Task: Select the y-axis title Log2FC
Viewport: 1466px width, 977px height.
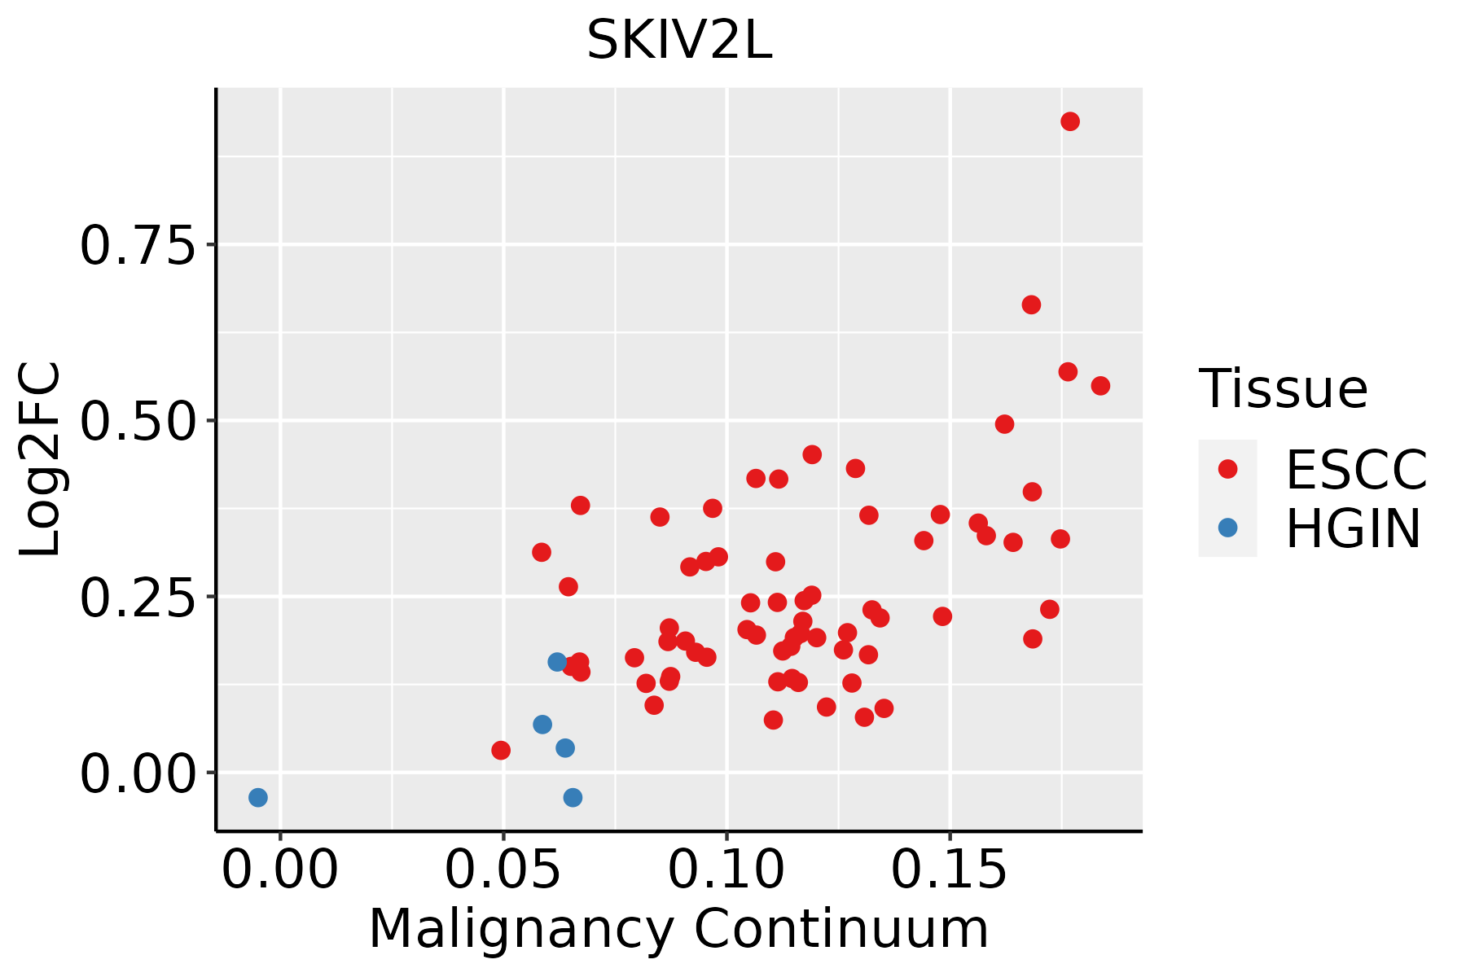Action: click(41, 460)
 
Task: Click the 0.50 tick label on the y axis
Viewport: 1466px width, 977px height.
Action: click(138, 421)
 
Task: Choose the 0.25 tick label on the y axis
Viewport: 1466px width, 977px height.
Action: click(138, 597)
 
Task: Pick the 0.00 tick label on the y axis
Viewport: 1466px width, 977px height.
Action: click(138, 773)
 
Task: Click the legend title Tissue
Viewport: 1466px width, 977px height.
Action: click(1283, 389)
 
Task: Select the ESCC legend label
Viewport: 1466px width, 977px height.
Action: click(1356, 470)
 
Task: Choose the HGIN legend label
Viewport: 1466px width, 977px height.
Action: click(1353, 529)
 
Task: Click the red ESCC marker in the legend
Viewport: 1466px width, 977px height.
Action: click(1227, 469)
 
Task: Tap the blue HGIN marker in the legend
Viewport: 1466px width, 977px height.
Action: click(1227, 528)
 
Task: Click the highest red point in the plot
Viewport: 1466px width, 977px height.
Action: click(1070, 121)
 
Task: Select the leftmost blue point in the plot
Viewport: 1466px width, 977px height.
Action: click(258, 797)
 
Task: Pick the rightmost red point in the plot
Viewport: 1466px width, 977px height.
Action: click(1100, 385)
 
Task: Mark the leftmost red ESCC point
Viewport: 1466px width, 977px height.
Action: click(501, 750)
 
